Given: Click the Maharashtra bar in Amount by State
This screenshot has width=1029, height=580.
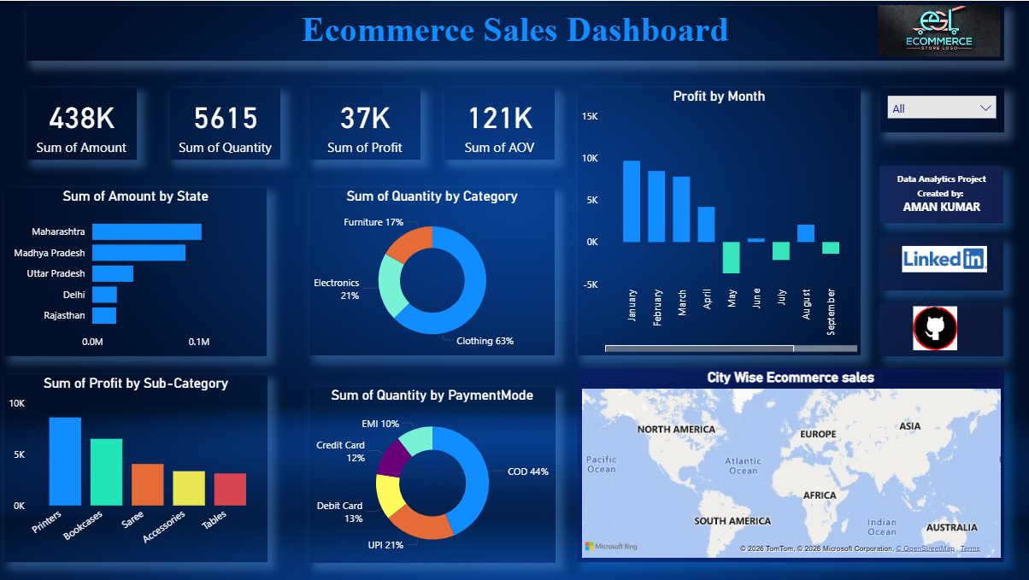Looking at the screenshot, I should click(146, 231).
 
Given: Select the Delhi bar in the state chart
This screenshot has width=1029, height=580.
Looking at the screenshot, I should click(104, 295).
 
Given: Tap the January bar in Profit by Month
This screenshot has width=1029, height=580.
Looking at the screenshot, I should click(632, 202).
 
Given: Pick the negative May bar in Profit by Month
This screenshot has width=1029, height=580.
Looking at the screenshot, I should click(731, 257).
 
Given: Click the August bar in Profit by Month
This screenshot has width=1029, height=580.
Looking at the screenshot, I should click(806, 233).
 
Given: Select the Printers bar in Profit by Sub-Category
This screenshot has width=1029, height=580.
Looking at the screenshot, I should click(65, 461).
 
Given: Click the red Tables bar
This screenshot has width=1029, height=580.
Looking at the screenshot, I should click(230, 489).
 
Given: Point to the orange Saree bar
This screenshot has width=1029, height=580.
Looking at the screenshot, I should click(147, 484).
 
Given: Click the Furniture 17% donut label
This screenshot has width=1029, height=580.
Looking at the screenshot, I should click(373, 222).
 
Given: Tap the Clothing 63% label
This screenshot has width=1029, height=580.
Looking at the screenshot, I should click(485, 341).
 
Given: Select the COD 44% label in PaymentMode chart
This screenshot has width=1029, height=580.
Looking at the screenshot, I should click(527, 472).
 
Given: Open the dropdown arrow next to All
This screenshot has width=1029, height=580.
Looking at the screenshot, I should click(986, 108).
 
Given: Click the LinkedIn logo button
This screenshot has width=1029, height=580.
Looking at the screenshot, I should click(944, 259).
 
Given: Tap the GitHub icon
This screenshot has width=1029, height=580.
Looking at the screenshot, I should click(934, 329).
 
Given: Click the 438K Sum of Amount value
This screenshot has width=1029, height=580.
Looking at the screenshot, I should click(81, 118).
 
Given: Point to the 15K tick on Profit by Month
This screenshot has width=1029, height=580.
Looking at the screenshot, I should click(590, 116).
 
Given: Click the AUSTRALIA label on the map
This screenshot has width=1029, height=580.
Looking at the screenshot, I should click(951, 527).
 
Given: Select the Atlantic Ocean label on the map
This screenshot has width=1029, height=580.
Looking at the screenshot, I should click(743, 466).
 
